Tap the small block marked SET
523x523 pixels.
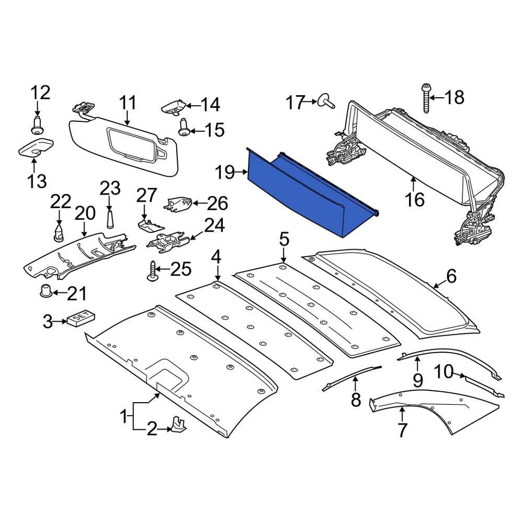click(81, 317)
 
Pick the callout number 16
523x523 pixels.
click(415, 200)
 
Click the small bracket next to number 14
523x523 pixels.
click(174, 106)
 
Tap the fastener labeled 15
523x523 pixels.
click(184, 127)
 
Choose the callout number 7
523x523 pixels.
click(402, 430)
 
